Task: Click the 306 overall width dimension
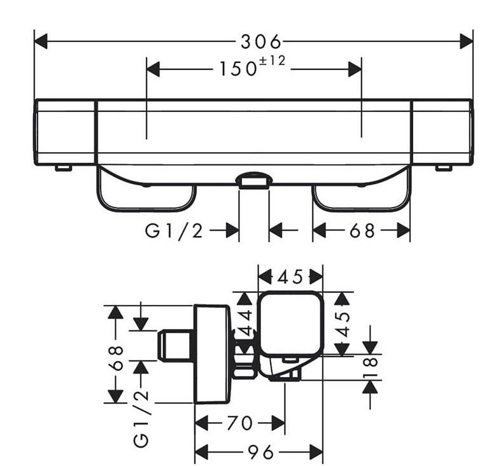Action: point(261,41)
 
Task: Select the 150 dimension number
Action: point(237,69)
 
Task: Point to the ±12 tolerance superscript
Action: point(272,60)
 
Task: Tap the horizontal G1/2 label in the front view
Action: point(174,230)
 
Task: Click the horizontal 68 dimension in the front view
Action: point(362,230)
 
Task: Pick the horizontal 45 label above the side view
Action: point(290,277)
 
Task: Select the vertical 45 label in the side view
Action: point(343,324)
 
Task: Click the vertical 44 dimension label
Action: point(246,323)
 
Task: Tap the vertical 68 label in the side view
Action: point(116,358)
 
